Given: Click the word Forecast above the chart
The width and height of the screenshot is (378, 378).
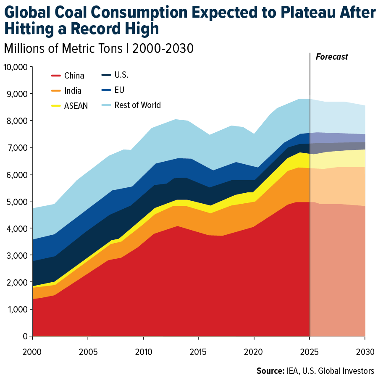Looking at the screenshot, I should pos(332,57).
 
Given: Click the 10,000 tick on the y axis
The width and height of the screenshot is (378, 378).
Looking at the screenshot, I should pos(16,67).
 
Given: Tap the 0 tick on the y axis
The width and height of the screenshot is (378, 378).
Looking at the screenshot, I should pos(25,336).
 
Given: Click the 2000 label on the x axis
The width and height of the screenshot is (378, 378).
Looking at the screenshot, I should pos(32,351).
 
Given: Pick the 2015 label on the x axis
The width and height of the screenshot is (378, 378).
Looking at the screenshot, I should pos(199,351).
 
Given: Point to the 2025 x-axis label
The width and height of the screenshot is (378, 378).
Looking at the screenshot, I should pos(310,351).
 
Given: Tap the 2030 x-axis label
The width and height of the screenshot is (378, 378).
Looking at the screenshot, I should pos(365,351).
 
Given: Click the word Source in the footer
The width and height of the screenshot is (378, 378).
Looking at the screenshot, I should pos(270,371).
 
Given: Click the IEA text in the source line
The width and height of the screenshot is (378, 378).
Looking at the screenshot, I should pos(294,371).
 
